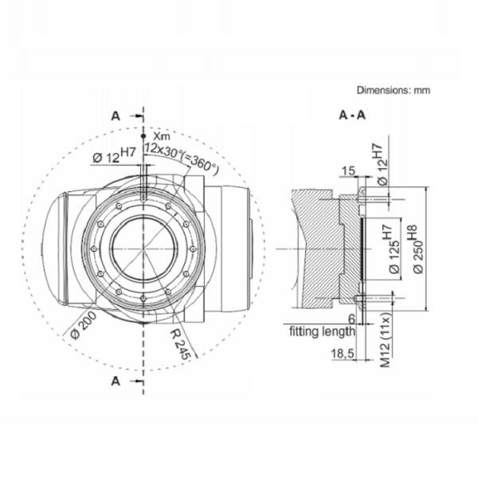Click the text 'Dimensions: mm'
pos(393,91)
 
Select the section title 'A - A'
pos(352,116)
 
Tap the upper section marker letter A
pos(116,116)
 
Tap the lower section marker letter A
pos(116,382)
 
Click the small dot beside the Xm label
pos(143,136)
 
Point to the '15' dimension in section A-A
pos(346,170)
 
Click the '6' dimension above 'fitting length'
pos(351,317)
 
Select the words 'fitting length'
pos(322,330)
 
